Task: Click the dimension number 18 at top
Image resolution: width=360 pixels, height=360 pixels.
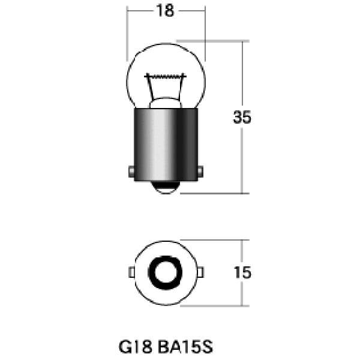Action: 165,11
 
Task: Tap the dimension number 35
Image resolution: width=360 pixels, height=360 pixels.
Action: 242,118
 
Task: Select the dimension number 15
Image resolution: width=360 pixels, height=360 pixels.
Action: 242,272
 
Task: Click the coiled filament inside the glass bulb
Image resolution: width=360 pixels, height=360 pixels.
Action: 166,76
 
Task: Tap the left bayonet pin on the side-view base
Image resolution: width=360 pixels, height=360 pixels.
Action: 131,172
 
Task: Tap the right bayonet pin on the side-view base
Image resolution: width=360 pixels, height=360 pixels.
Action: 200,172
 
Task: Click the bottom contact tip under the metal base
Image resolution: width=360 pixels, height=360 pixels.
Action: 166,187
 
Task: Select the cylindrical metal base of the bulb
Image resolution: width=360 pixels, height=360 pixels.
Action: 166,145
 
